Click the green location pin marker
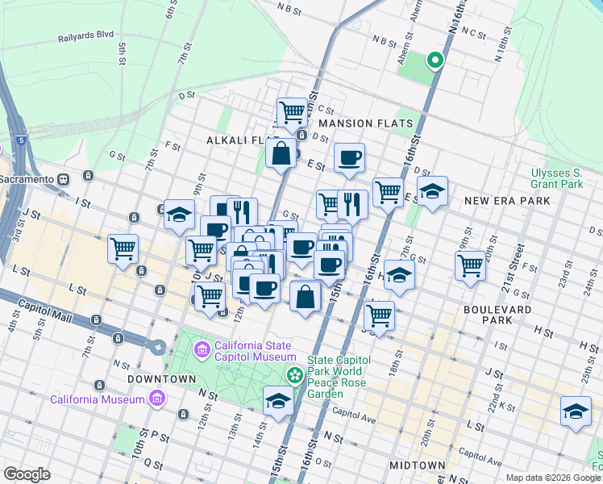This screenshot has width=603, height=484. tap(435, 60)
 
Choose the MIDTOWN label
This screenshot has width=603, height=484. tap(417, 465)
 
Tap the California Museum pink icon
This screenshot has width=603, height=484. tap(156, 399)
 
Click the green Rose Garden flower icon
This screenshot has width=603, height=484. tap(295, 374)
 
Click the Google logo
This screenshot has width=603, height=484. tap(27, 474)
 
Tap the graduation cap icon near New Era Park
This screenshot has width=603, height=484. tap(432, 192)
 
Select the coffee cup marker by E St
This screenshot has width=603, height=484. tap(349, 158)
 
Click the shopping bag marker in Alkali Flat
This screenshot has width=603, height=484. tap(281, 153)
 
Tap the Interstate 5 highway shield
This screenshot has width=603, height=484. tap(18, 140)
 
